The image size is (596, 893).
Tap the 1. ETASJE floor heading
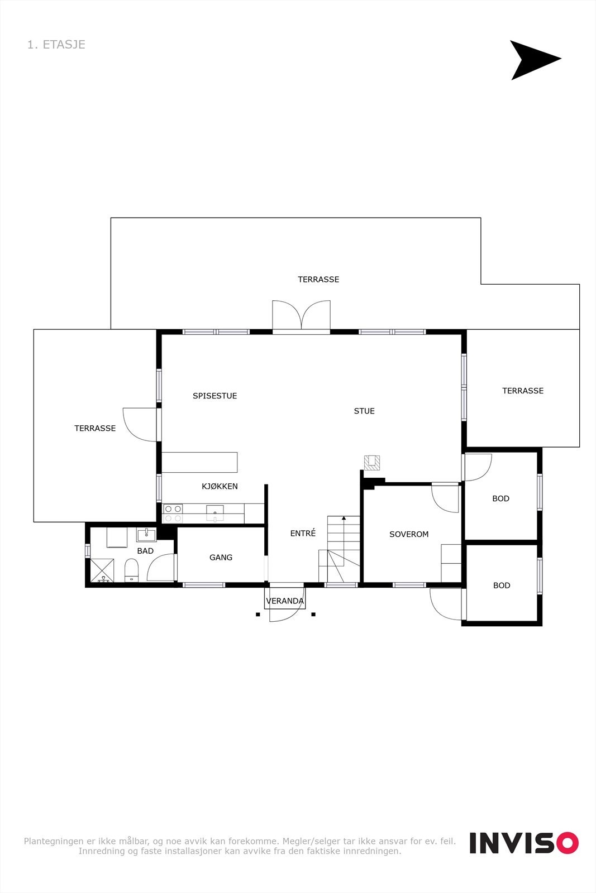[x=56, y=45]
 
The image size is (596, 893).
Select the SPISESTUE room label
[x=214, y=396]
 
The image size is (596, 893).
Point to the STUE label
[x=364, y=411]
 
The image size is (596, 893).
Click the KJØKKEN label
[x=220, y=486]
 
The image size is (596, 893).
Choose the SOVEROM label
[x=409, y=534]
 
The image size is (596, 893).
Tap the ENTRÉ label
[x=303, y=534]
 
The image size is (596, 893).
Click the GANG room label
[x=221, y=557]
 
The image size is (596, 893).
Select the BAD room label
[x=145, y=551]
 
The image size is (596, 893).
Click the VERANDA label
[x=285, y=601]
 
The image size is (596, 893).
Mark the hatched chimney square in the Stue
[x=372, y=462]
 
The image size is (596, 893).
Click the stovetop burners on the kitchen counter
[x=173, y=513]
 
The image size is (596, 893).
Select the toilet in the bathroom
[x=132, y=570]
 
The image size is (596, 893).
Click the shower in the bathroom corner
[x=102, y=571]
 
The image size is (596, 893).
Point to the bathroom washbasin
[x=146, y=535]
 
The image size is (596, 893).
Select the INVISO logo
[x=523, y=843]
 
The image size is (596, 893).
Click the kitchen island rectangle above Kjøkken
[x=199, y=462]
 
